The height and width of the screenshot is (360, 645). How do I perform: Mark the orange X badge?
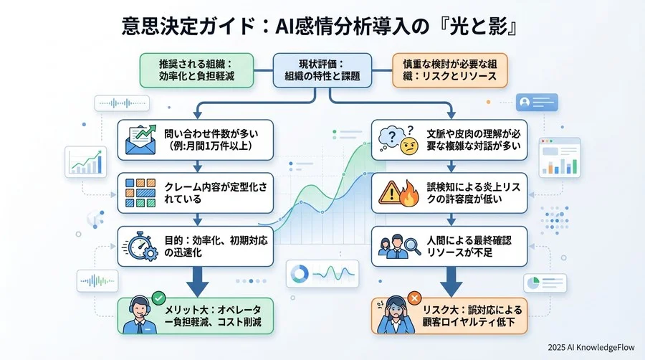point(414,296)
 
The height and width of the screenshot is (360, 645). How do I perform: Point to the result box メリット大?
point(195,316)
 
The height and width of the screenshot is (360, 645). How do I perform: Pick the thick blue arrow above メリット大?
point(195,281)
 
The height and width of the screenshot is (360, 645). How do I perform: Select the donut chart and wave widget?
point(321,273)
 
